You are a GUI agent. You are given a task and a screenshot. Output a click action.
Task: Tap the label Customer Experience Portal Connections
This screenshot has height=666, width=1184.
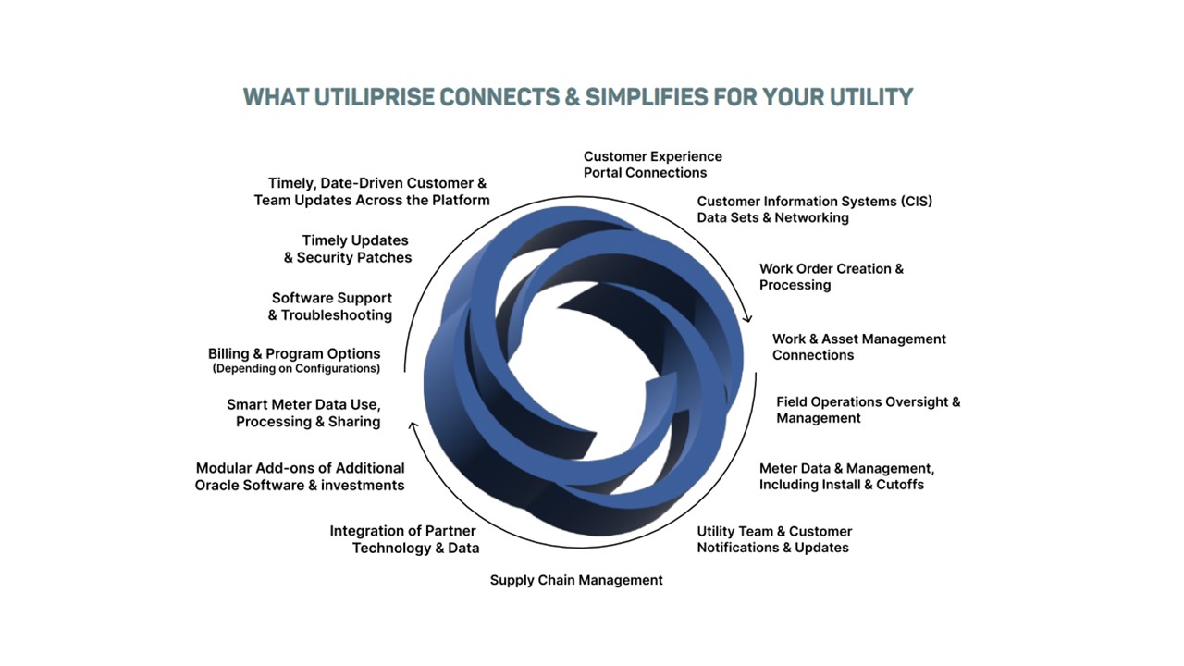pyautogui.click(x=653, y=165)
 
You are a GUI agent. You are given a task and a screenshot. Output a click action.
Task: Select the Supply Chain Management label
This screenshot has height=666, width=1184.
pyautogui.click(x=576, y=580)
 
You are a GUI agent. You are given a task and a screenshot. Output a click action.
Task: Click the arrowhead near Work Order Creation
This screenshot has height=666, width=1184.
pyautogui.click(x=747, y=317)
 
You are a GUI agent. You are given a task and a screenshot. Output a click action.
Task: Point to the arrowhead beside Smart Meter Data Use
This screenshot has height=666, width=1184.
pyautogui.click(x=413, y=426)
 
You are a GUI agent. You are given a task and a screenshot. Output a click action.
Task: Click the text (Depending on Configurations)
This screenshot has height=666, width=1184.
pyautogui.click(x=296, y=368)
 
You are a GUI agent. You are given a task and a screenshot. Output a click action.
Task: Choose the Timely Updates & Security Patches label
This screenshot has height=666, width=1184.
pyautogui.click(x=347, y=249)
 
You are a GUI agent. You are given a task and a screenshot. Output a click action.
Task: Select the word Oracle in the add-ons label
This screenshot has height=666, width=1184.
pyautogui.click(x=216, y=486)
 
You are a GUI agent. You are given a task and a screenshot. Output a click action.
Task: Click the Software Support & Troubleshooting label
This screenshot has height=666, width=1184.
pyautogui.click(x=330, y=306)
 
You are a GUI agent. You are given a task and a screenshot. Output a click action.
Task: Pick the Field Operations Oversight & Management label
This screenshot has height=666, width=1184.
pyautogui.click(x=868, y=410)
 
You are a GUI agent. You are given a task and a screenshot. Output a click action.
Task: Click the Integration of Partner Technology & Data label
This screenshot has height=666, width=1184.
pyautogui.click(x=404, y=539)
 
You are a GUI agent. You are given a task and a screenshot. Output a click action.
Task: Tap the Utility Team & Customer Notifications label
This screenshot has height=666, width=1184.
pyautogui.click(x=774, y=539)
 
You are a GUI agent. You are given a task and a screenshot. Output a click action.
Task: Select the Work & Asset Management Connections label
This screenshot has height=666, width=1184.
pyautogui.click(x=859, y=347)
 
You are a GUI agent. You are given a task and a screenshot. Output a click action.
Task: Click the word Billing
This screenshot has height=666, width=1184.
pyautogui.click(x=228, y=353)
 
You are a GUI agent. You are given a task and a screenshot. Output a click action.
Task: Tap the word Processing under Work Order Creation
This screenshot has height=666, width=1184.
pyautogui.click(x=795, y=285)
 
